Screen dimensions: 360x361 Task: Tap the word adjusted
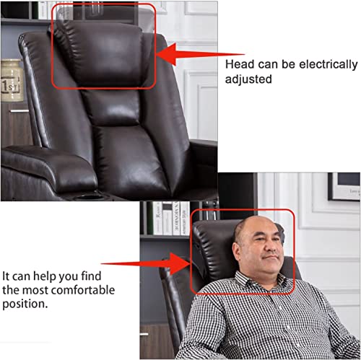(x=249, y=79)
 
